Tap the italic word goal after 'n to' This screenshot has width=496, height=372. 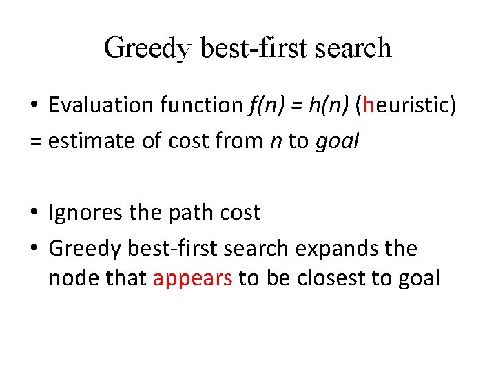tap(338, 142)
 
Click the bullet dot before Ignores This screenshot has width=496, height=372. tap(34, 214)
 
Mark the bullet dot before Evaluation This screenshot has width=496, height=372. tap(34, 106)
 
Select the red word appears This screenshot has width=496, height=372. tap(193, 278)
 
